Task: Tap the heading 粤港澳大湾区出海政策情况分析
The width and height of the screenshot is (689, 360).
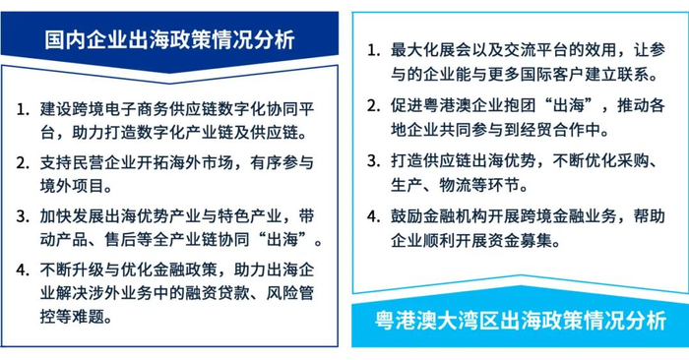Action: tap(521, 321)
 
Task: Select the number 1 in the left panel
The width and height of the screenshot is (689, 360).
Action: tap(22, 106)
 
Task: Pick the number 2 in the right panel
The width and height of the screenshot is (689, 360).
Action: tap(371, 104)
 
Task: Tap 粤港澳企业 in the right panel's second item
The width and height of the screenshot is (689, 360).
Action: tap(459, 104)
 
